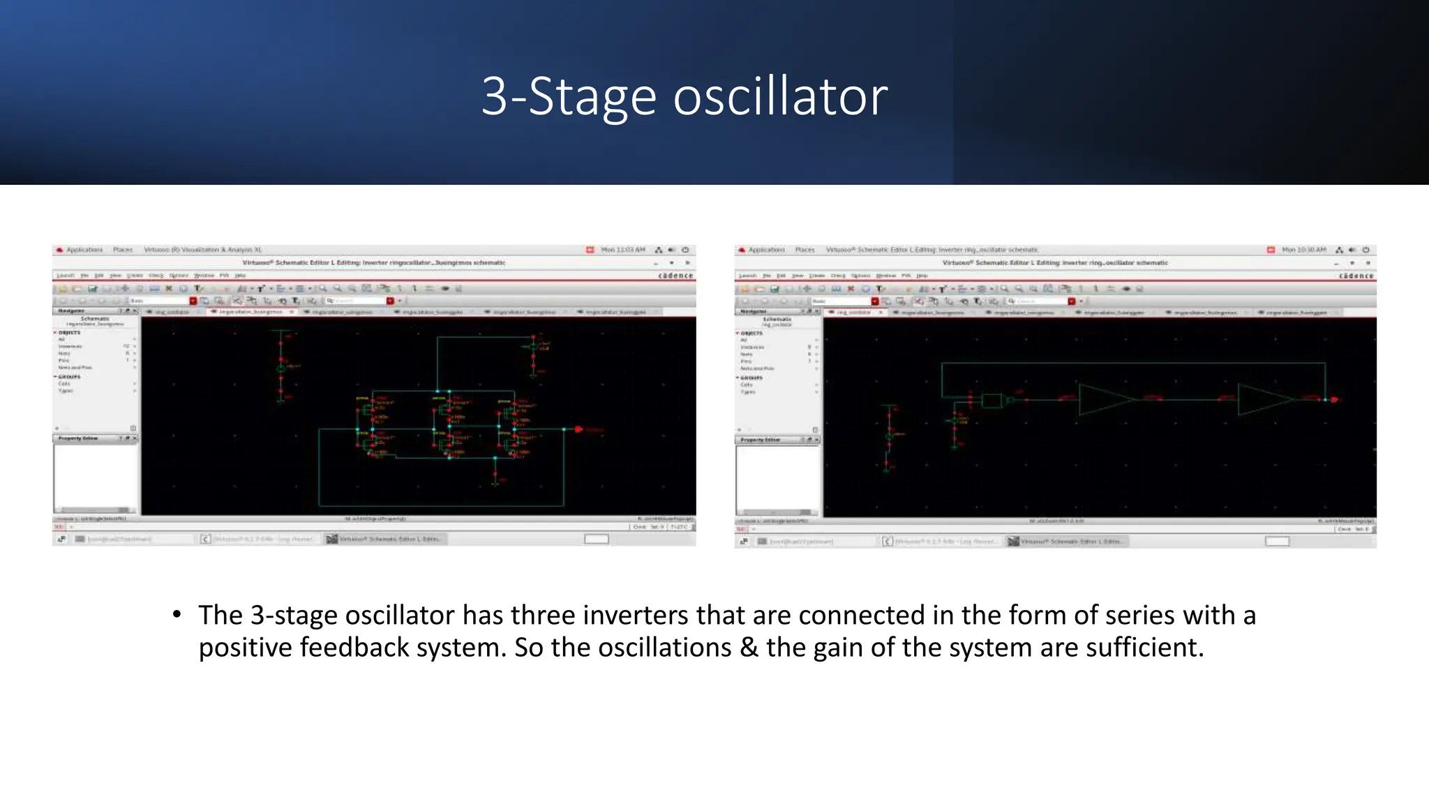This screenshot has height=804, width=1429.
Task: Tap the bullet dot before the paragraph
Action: (177, 615)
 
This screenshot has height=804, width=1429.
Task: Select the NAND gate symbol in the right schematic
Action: (992, 401)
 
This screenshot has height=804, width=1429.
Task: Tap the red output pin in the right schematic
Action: (1334, 399)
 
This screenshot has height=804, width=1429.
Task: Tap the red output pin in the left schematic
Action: (578, 429)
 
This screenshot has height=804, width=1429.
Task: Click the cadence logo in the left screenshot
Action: (675, 276)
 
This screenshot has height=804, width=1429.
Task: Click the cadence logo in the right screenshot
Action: (1356, 276)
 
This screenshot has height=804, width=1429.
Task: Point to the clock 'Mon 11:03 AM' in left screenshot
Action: (623, 249)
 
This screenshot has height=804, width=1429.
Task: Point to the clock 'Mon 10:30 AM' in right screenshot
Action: (1303, 249)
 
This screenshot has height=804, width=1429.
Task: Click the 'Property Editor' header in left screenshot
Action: (78, 438)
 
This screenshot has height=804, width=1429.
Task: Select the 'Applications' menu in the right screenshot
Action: (766, 249)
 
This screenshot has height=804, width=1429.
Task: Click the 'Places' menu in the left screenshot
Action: (123, 249)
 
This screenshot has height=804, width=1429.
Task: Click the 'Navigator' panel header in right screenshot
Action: (753, 311)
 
